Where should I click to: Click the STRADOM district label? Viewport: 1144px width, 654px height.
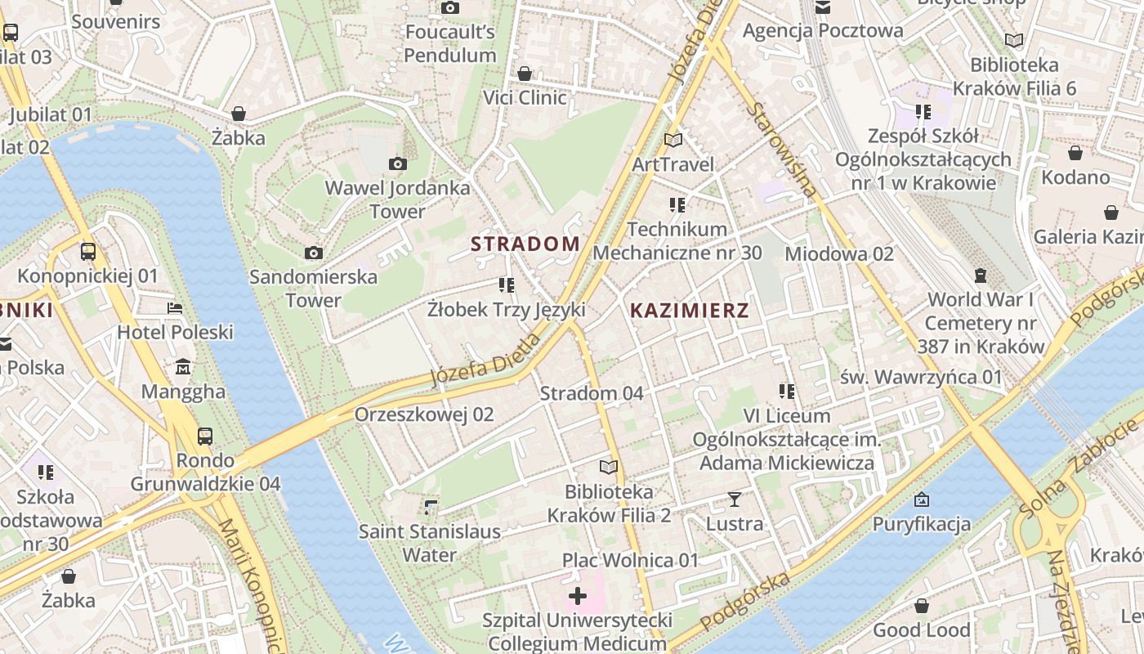click(525, 244)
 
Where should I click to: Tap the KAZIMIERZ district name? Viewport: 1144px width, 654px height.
click(690, 311)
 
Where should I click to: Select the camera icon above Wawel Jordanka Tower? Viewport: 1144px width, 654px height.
click(398, 164)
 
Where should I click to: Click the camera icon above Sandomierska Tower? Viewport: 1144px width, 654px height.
click(313, 253)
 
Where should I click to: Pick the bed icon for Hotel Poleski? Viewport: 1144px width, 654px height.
click(175, 308)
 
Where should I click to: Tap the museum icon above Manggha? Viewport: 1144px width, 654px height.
click(183, 367)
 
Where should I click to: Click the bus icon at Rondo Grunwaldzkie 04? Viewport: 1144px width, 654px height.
click(205, 437)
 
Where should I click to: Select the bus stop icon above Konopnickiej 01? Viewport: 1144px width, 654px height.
click(88, 252)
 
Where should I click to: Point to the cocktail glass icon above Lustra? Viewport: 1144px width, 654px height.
click(734, 499)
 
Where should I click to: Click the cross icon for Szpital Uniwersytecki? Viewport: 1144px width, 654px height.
click(578, 595)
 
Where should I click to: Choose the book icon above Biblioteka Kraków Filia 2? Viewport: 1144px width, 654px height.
click(608, 467)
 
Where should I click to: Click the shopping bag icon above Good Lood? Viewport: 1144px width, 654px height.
click(921, 606)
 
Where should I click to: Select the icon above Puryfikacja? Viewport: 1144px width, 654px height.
click(922, 499)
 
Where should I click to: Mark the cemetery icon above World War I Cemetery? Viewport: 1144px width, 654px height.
click(980, 275)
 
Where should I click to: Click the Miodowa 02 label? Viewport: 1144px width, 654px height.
click(839, 253)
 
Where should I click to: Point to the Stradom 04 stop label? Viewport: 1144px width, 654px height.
click(592, 393)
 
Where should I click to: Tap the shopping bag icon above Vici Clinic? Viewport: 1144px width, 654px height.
click(525, 74)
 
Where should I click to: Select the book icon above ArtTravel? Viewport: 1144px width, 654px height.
click(673, 140)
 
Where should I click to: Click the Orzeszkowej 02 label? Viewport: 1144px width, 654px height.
click(423, 414)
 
